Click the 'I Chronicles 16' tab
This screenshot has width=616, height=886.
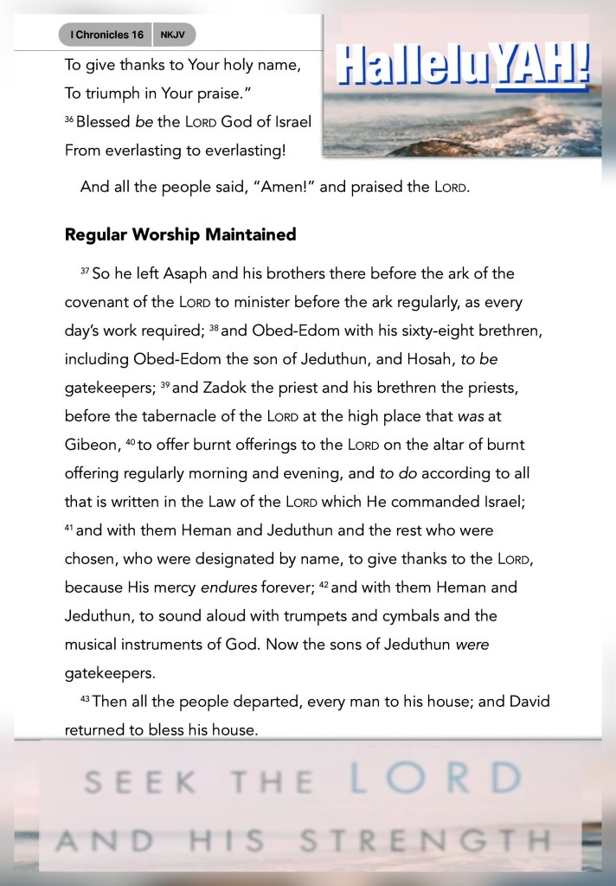tap(106, 35)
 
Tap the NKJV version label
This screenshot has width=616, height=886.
tap(173, 35)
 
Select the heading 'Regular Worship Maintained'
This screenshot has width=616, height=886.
tap(180, 234)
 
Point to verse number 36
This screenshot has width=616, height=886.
tap(69, 119)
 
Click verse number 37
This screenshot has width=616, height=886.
tap(85, 272)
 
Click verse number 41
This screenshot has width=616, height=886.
tap(69, 528)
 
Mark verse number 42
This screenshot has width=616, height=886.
tap(324, 585)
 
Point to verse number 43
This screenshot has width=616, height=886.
tap(85, 699)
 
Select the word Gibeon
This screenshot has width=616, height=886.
tap(91, 444)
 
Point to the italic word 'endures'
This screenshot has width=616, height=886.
tap(228, 587)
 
